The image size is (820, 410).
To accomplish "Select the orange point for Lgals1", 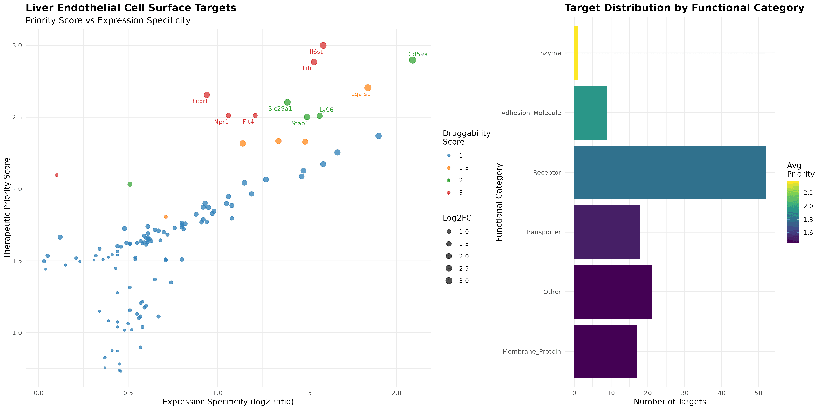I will [x=368, y=88].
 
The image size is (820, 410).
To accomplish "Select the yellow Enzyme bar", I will [x=576, y=53].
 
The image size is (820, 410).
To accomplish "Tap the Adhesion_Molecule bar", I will [x=591, y=113].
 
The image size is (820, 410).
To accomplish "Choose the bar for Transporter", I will [x=607, y=232].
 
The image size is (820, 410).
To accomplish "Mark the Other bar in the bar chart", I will [x=612, y=292].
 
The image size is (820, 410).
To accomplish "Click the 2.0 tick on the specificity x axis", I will [x=396, y=393].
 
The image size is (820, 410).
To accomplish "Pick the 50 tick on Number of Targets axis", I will [x=758, y=393].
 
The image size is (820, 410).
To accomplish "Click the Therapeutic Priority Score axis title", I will [x=7, y=208].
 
